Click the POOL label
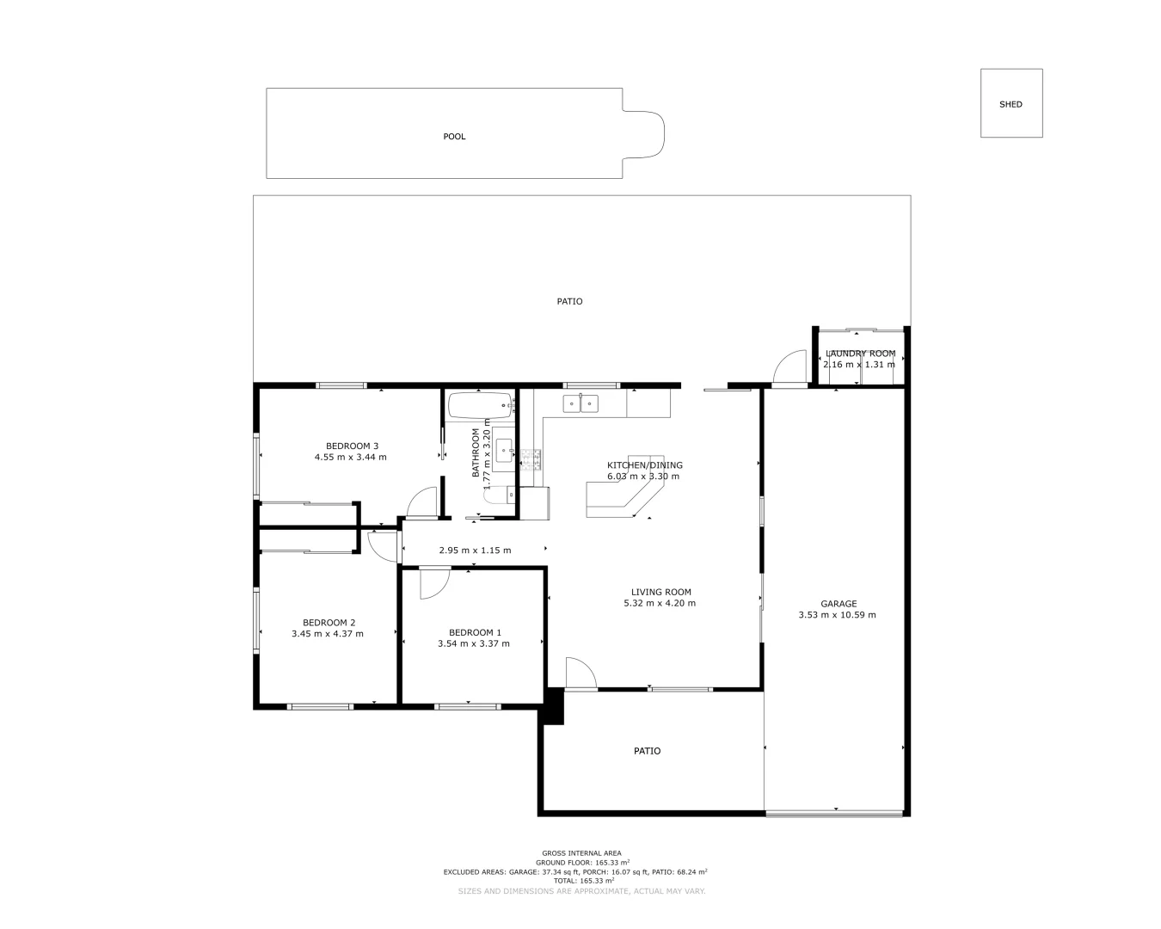click(454, 137)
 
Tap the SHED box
click(1011, 104)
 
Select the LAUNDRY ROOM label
click(860, 354)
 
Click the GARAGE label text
click(838, 604)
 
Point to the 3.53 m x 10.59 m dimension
click(837, 615)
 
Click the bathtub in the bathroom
click(480, 405)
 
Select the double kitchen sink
click(580, 403)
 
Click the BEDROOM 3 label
click(352, 446)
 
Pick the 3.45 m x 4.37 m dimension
click(328, 634)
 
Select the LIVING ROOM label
click(660, 592)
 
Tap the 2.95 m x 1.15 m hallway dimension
click(475, 551)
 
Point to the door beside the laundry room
click(789, 367)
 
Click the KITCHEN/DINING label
click(644, 465)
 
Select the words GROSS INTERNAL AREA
click(581, 853)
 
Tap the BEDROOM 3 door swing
click(421, 504)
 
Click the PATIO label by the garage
click(647, 751)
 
